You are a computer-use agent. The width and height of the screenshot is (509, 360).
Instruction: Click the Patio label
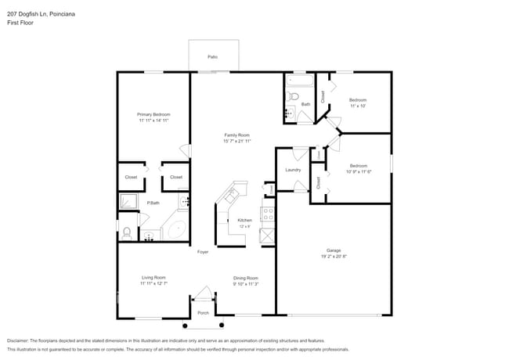[212, 57]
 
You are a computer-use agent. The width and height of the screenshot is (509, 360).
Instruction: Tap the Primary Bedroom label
[153, 114]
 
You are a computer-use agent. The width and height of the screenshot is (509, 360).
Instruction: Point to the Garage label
[334, 251]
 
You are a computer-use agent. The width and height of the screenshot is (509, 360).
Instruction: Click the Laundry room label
[293, 170]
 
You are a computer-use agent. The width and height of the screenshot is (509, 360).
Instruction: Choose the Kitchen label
[245, 220]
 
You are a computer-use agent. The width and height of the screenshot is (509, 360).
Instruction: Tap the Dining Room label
[245, 278]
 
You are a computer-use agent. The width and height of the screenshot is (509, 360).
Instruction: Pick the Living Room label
[153, 278]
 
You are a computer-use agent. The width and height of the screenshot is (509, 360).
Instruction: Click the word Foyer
[202, 252]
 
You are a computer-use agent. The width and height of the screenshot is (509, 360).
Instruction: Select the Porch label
[203, 313]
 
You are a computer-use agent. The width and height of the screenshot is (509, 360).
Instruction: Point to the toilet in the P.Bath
[126, 231]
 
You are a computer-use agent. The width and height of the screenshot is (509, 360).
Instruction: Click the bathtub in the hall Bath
[299, 80]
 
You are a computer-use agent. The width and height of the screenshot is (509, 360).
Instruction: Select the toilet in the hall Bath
[292, 97]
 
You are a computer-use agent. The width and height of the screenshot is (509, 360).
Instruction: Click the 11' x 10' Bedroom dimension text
[358, 106]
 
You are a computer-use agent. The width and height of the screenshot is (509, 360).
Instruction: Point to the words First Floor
[20, 23]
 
